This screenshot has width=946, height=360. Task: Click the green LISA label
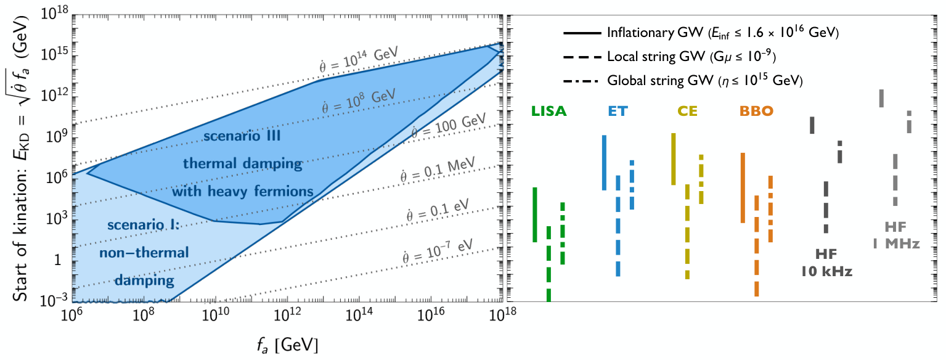[548, 111]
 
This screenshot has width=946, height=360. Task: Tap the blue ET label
[618, 111]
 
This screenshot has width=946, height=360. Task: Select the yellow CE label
[688, 111]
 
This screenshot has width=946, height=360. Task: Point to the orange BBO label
[756, 111]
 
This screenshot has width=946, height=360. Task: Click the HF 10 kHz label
[826, 263]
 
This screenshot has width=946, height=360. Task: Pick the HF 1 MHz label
[896, 235]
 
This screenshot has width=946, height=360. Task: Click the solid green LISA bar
[535, 215]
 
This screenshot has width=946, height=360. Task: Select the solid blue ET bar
[605, 163]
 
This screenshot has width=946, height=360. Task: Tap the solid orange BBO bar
[743, 187]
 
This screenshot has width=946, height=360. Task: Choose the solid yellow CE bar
[674, 159]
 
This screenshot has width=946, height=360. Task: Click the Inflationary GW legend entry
[701, 33]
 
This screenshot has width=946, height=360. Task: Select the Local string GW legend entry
[670, 57]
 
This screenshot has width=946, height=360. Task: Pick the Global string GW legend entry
[683, 81]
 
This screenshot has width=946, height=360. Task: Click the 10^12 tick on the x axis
[287, 315]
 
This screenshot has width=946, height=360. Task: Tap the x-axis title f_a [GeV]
[288, 345]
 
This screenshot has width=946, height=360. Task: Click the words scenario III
[242, 136]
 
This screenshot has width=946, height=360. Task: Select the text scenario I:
[144, 225]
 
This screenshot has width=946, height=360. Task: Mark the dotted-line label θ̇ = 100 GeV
[449, 126]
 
